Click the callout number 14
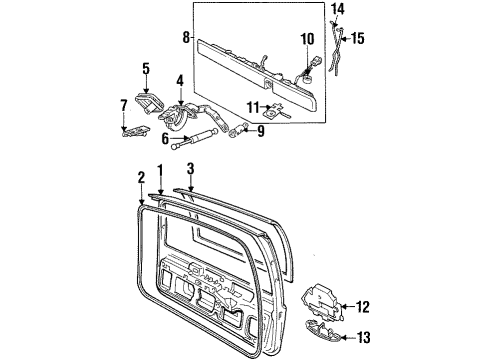pos(337,9)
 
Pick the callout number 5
pos(146,69)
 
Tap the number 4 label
pos(179,80)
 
